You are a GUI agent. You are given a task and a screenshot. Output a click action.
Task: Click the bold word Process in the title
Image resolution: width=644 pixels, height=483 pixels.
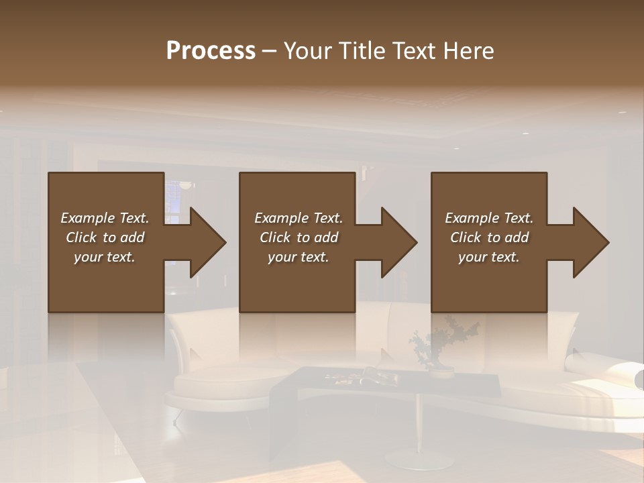pyautogui.click(x=211, y=51)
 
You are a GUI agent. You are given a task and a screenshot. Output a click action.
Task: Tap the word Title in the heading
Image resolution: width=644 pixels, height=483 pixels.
pyautogui.click(x=362, y=51)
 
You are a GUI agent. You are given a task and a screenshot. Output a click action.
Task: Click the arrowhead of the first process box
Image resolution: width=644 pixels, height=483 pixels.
pyautogui.click(x=207, y=242)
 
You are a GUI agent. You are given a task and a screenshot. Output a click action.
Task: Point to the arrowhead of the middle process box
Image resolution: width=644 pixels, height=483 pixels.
pyautogui.click(x=398, y=242)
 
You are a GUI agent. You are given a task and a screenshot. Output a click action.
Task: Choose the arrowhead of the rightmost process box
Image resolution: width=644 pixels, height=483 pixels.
pyautogui.click(x=590, y=242)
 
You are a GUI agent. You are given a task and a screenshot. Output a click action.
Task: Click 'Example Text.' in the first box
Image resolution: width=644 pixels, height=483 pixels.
pyautogui.click(x=105, y=218)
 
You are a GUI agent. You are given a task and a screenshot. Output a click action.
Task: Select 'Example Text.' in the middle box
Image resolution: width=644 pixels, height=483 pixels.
pyautogui.click(x=298, y=218)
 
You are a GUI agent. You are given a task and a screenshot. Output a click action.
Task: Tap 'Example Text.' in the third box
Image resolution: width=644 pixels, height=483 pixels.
pyautogui.click(x=489, y=218)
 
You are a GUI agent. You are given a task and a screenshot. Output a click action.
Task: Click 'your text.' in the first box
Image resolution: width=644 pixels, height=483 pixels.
pyautogui.click(x=105, y=257)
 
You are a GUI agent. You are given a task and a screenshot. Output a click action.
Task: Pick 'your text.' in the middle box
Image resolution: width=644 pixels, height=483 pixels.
pyautogui.click(x=298, y=257)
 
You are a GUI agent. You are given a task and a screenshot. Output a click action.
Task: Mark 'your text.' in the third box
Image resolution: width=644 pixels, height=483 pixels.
pyautogui.click(x=489, y=257)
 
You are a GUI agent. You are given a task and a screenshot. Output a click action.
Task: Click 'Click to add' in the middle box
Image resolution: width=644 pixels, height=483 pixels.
pyautogui.click(x=298, y=237)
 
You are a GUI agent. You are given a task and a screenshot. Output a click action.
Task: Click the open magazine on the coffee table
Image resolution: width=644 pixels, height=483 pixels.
pyautogui.click(x=376, y=378)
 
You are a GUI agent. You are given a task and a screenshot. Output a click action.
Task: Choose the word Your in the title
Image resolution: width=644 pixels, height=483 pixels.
pyautogui.click(x=309, y=51)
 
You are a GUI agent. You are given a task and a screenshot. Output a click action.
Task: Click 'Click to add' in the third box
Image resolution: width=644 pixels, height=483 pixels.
pyautogui.click(x=489, y=237)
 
